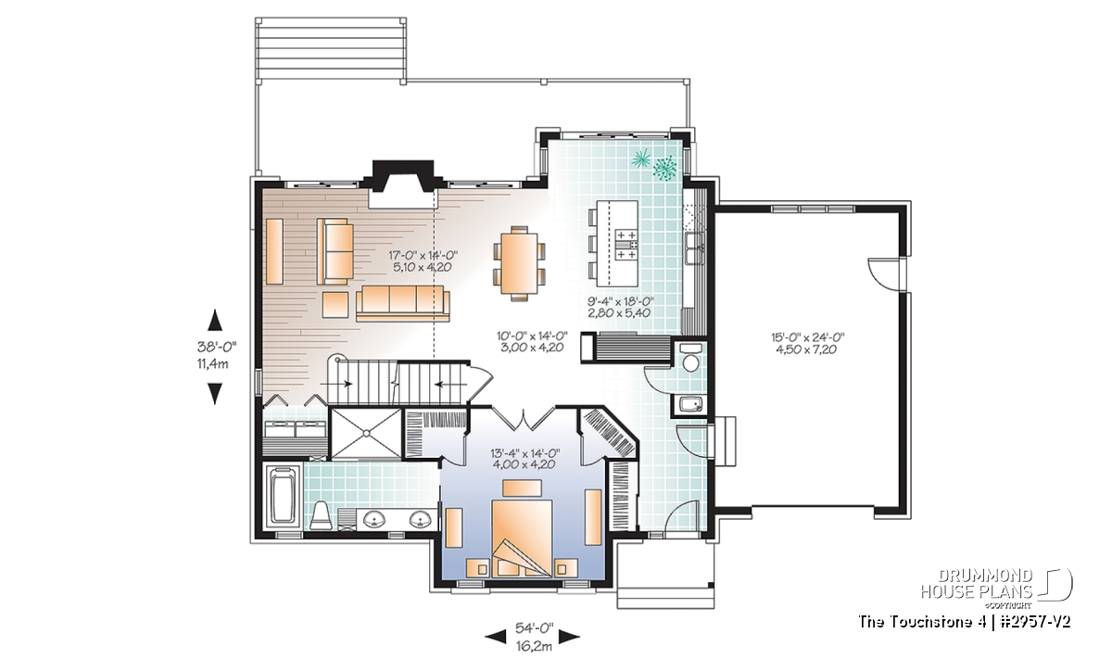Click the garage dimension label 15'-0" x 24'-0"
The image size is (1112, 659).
tap(808, 337)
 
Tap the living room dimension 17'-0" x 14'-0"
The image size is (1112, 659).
tap(423, 255)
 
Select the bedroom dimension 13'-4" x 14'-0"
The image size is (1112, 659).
tap(524, 453)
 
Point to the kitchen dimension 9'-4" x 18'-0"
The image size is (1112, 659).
tap(620, 301)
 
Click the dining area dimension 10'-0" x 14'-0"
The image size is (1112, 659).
tap(531, 336)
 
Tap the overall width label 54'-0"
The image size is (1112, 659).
tap(534, 628)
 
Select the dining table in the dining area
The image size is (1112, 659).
tap(519, 263)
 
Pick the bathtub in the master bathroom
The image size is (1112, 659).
tap(283, 494)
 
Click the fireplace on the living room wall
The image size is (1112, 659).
tap(402, 184)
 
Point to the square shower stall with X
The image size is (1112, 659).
tap(366, 433)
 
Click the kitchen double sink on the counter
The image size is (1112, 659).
tap(694, 248)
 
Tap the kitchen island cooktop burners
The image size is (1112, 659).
tap(626, 245)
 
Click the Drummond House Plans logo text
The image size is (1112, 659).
tap(977, 584)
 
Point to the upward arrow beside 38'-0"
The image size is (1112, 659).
tap(214, 320)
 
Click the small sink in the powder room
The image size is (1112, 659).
tap(690, 404)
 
